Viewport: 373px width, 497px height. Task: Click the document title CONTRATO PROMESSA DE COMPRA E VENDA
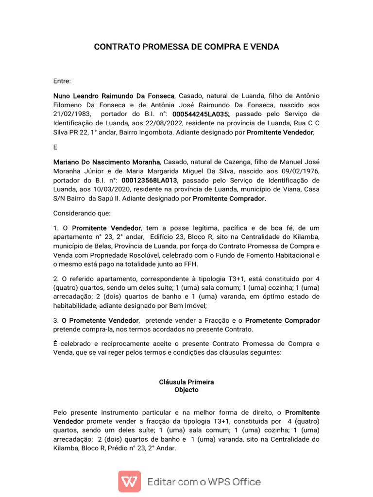tap(186, 47)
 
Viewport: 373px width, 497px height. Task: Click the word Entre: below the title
tap(62, 81)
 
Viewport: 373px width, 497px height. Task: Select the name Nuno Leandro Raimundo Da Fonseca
tap(113, 96)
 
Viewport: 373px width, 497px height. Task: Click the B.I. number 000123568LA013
tap(150, 179)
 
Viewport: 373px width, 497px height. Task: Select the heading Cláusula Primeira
tap(186, 382)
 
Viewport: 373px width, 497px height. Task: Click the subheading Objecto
tap(186, 390)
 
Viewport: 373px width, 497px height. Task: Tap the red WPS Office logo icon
tap(130, 481)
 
